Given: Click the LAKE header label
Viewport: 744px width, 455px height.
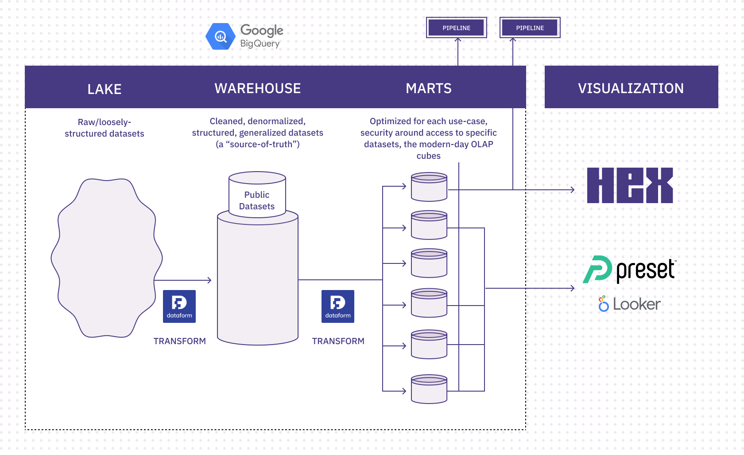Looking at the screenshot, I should coord(105,89).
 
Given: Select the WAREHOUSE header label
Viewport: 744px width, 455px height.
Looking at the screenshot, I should coord(257,88).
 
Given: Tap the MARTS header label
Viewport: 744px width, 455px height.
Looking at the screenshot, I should coord(428,88).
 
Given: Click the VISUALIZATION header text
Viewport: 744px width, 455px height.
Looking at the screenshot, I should coord(631,88).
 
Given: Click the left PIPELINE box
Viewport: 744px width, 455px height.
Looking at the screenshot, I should coord(457,28).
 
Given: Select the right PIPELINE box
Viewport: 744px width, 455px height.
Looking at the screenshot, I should coord(530,28).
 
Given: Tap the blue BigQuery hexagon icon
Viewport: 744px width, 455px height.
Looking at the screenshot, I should coord(221,36).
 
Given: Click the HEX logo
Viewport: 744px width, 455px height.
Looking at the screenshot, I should coord(630,185).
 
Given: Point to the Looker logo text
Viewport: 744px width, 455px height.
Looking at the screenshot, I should coord(636,305).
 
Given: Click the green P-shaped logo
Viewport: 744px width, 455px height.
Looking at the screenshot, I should coord(598,269).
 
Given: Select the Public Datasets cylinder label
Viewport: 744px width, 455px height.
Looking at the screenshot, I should coord(257,200).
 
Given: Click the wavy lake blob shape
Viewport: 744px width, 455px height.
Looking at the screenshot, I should coord(106,257).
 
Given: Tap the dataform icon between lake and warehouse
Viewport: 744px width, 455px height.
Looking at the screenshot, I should coord(179,306).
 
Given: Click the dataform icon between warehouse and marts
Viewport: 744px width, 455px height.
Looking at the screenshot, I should coord(338,306).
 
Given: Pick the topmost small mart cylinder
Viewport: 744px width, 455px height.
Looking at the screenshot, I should coord(429,187).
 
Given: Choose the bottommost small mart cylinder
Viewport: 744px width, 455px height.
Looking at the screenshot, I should coord(429,389).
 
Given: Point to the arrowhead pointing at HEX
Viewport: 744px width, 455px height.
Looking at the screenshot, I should coord(573,190).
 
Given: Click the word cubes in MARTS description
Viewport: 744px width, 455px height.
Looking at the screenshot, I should coord(428,156).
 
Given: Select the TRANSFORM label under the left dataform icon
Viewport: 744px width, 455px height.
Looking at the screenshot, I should coord(179,341).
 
